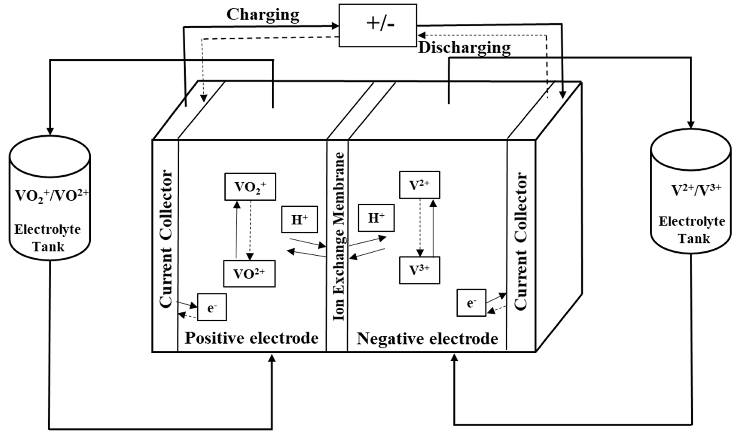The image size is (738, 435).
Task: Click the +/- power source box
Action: pyautogui.click(x=378, y=25)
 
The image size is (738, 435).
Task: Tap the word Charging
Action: pyautogui.click(x=263, y=15)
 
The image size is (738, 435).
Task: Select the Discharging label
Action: pyautogui.click(x=464, y=48)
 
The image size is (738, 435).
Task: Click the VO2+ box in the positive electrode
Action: pyautogui.click(x=250, y=187)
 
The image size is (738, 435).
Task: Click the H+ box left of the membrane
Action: pyautogui.click(x=299, y=220)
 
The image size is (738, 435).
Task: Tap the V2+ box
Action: pyautogui.click(x=419, y=185)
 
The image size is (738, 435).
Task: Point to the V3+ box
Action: pyautogui.click(x=419, y=270)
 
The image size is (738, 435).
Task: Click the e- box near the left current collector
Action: pyautogui.click(x=212, y=307)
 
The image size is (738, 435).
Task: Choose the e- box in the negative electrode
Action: pyautogui.click(x=471, y=303)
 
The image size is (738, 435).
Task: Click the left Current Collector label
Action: pyautogui.click(x=165, y=239)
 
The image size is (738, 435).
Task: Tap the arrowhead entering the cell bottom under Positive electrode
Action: pyautogui.click(x=272, y=358)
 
